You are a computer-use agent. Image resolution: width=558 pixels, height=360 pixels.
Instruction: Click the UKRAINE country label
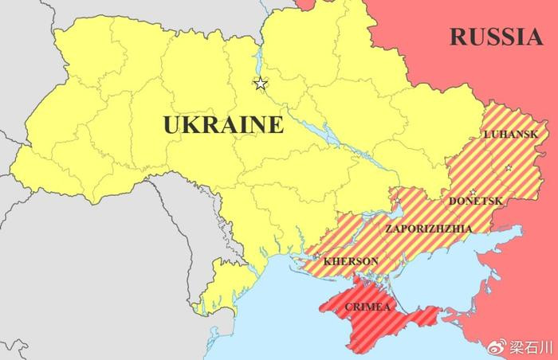coord(223,125)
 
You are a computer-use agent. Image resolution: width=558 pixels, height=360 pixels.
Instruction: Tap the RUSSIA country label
coord(495,36)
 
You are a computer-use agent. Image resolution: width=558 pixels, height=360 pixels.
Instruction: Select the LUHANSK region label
coord(510,135)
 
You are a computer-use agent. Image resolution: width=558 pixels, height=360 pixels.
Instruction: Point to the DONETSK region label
coord(476,202)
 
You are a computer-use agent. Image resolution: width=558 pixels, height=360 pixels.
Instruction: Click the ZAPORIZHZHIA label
coord(428,229)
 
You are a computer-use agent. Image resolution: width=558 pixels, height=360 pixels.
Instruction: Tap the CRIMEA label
coord(367,307)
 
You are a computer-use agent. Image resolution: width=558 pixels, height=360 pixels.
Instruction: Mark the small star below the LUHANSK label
coord(508,168)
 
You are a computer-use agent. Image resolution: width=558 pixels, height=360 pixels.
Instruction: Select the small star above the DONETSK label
coord(473,192)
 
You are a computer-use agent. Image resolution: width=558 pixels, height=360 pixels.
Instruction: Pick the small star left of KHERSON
coord(316,256)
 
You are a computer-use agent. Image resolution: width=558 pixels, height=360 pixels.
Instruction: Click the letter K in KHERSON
coord(328,260)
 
